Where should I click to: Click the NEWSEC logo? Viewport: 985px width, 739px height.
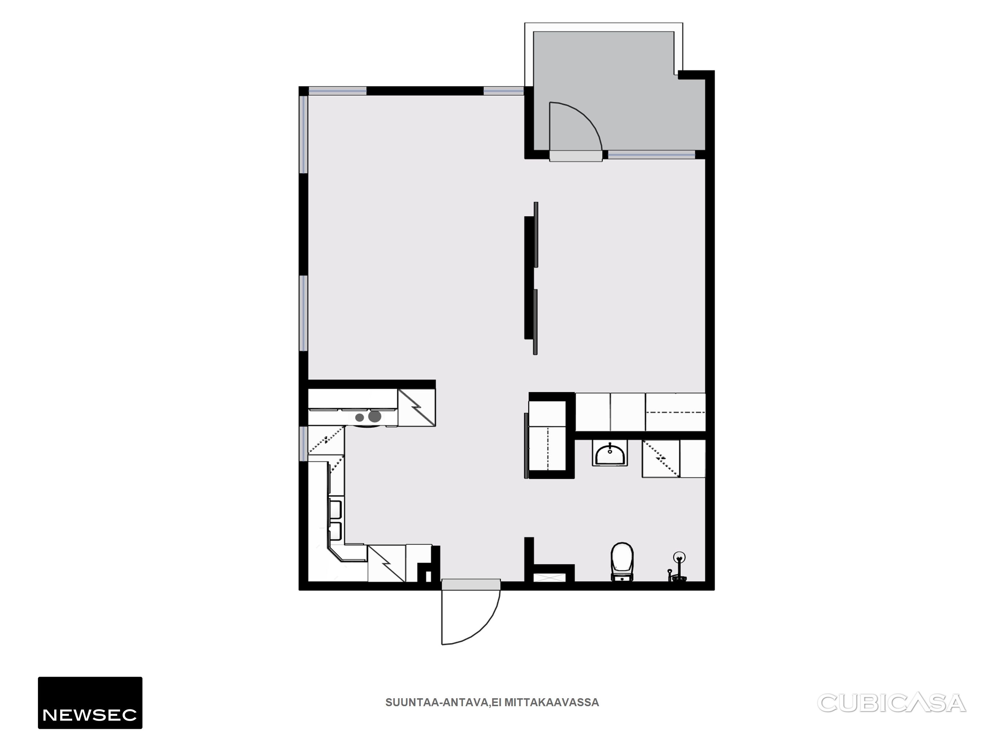pos(90,703)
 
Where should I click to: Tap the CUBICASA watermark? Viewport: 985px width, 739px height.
pos(892,703)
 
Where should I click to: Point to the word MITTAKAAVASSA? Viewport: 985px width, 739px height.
pos(552,703)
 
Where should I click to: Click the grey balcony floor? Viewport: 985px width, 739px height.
pos(623,89)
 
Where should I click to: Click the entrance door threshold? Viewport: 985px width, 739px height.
pos(471,585)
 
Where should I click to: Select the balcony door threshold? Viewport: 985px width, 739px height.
pos(576,156)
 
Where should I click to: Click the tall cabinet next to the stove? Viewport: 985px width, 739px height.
pos(416,408)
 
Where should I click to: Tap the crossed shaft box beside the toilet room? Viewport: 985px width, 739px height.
pos(550,578)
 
